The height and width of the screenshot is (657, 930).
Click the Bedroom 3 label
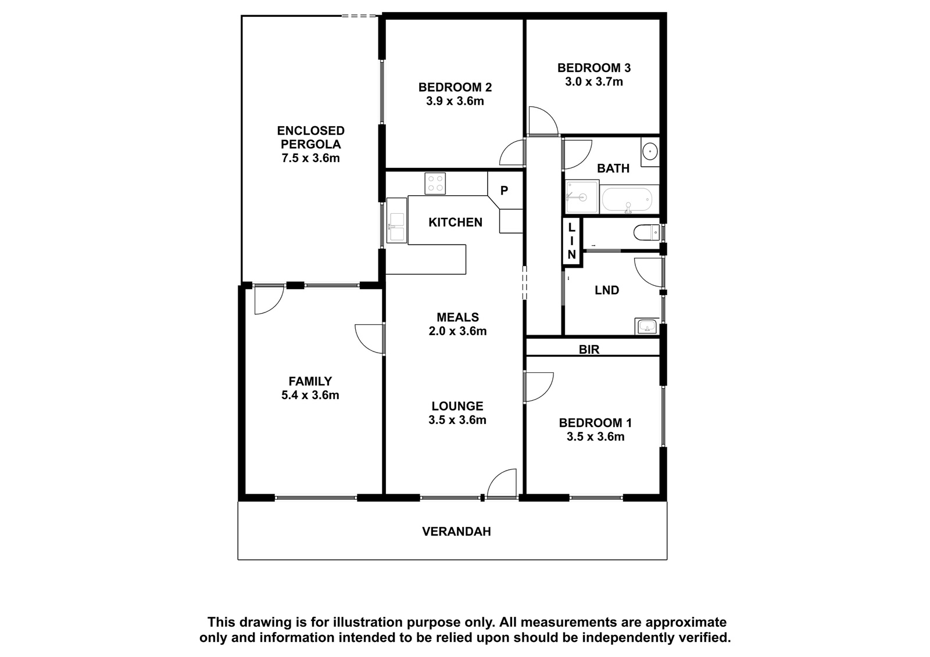(x=593, y=67)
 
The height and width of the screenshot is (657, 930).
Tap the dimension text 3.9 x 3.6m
(x=455, y=101)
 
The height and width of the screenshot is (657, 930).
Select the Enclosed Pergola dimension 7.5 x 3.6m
(x=310, y=158)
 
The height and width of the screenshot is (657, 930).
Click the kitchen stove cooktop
(x=435, y=184)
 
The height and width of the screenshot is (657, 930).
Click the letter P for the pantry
(x=504, y=191)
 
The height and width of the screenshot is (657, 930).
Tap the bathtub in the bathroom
(x=629, y=201)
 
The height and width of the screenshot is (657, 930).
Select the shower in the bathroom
(x=582, y=197)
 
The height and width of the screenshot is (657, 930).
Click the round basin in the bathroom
(x=650, y=151)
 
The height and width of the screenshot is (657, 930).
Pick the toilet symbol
(x=646, y=232)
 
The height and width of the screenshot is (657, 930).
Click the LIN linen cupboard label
(x=572, y=240)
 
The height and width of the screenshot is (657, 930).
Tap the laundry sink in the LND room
(x=646, y=326)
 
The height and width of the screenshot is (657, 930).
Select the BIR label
(x=589, y=350)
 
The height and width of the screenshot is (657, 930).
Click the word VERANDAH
(x=456, y=532)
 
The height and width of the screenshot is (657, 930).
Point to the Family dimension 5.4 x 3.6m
(x=310, y=394)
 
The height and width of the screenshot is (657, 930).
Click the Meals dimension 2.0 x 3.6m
(x=457, y=331)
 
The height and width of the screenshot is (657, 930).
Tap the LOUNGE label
(x=457, y=406)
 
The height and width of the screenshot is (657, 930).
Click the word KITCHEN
(x=456, y=222)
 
